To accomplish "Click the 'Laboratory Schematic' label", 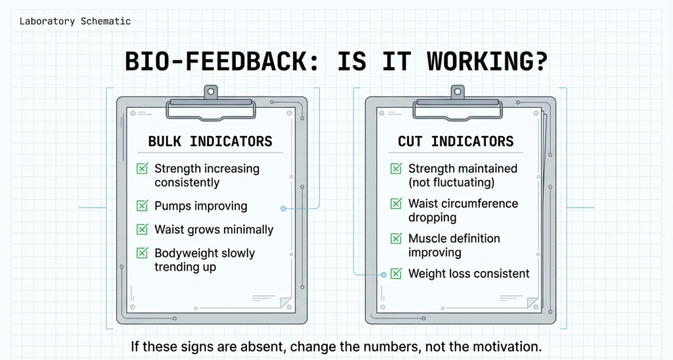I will (x=75, y=21).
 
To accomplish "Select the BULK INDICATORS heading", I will (x=210, y=141).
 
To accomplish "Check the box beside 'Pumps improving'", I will (x=142, y=206).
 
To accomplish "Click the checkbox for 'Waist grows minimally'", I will (x=142, y=229).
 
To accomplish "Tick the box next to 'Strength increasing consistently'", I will (x=142, y=169).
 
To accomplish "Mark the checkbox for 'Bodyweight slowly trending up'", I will (x=142, y=253).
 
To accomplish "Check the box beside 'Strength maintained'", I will (x=396, y=169).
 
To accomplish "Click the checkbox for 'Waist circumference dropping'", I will (x=396, y=204).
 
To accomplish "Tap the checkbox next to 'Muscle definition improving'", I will (x=396, y=238).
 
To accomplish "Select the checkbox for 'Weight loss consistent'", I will (x=396, y=273).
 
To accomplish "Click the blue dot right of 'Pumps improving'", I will (x=283, y=208).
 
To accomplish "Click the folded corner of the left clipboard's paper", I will (x=286, y=302).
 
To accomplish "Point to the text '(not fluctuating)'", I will (x=451, y=182).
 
